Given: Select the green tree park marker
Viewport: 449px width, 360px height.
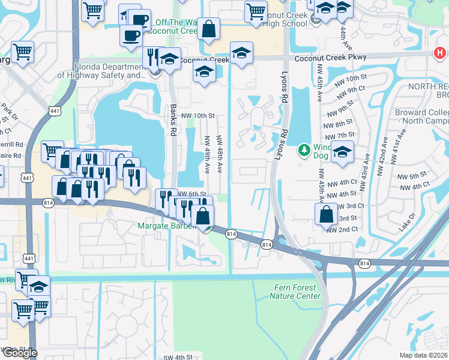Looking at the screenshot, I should (x=305, y=149).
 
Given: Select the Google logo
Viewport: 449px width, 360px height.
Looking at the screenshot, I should (x=20, y=353).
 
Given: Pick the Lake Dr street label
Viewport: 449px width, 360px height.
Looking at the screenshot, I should (x=407, y=223).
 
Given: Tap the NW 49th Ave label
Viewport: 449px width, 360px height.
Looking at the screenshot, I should (x=208, y=155).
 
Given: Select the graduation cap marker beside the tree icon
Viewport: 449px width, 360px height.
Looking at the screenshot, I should (x=342, y=152).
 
